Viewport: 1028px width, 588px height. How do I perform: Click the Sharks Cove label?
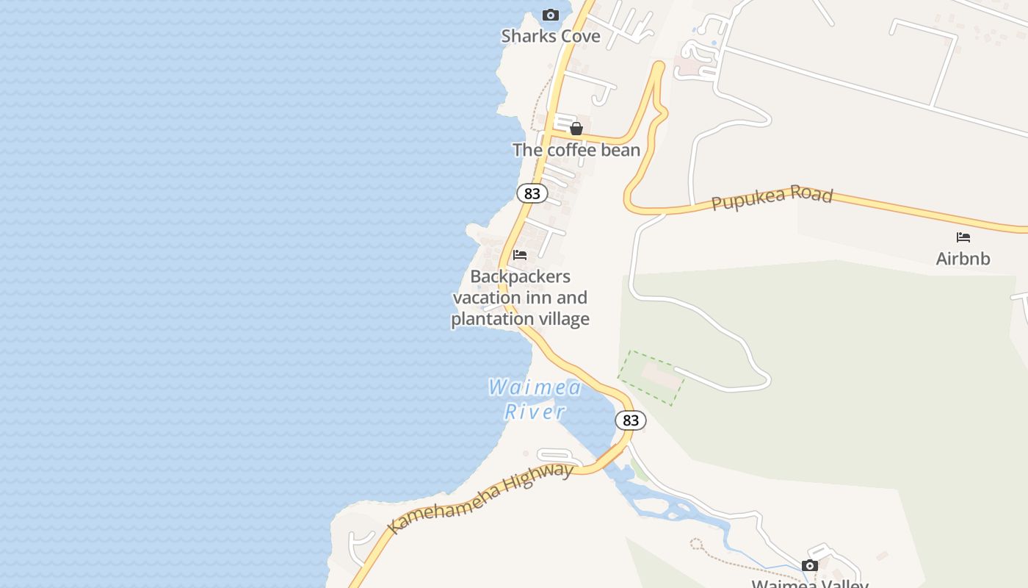coord(551,36)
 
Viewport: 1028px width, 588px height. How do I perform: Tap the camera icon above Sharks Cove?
coord(550,15)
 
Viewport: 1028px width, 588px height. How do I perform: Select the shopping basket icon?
coord(576,129)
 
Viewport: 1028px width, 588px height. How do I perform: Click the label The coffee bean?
coord(576,150)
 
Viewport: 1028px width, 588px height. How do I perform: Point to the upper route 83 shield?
coord(532,193)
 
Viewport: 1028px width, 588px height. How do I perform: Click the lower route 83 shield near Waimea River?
coord(630,420)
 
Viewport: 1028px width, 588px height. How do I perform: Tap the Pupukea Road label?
coord(772,198)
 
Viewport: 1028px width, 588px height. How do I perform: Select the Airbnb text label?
coord(963,259)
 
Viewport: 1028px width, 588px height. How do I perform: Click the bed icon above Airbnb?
coord(963,237)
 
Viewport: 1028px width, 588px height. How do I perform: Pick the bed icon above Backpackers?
coord(520,255)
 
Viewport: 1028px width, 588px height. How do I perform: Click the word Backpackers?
coord(520,277)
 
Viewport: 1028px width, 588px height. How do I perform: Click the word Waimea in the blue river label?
coord(535,387)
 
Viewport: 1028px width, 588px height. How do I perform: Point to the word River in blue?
coord(535,411)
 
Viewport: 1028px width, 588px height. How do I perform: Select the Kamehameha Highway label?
coord(480,498)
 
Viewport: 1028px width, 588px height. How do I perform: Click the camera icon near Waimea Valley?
coord(810,565)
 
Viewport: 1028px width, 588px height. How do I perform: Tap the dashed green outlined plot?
coord(651,377)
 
